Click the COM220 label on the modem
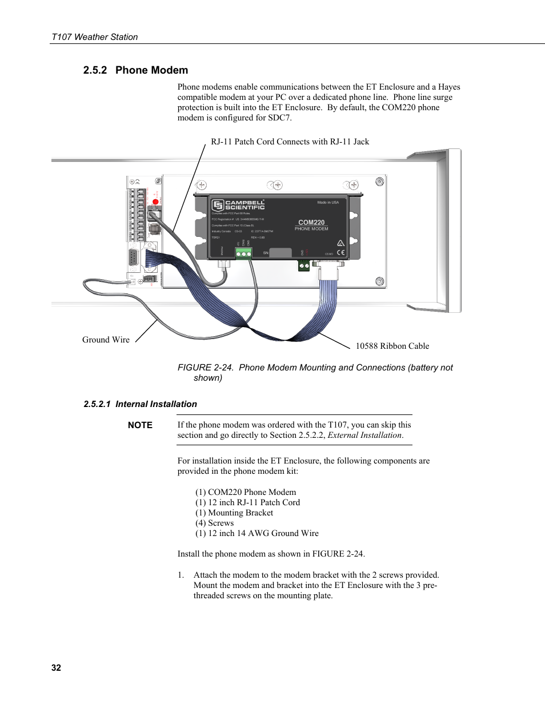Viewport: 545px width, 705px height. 311,222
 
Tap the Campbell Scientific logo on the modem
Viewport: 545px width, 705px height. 238,205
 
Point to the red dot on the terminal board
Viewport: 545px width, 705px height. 155,202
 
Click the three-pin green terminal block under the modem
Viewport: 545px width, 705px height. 243,253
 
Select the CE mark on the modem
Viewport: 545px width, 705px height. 340,252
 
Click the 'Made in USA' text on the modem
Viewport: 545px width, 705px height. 328,202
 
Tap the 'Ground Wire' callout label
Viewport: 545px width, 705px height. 106,340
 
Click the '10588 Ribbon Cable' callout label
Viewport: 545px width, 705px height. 392,346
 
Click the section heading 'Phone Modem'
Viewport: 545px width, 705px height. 151,70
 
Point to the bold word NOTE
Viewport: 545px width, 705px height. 140,425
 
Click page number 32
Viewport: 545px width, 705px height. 56,667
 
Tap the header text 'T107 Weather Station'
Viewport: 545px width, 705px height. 95,37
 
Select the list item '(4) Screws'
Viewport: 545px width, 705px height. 214,523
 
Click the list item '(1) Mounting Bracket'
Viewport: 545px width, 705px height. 234,513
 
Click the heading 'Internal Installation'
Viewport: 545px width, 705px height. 156,404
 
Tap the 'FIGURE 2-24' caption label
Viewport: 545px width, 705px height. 205,368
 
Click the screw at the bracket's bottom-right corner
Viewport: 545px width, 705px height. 379,281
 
